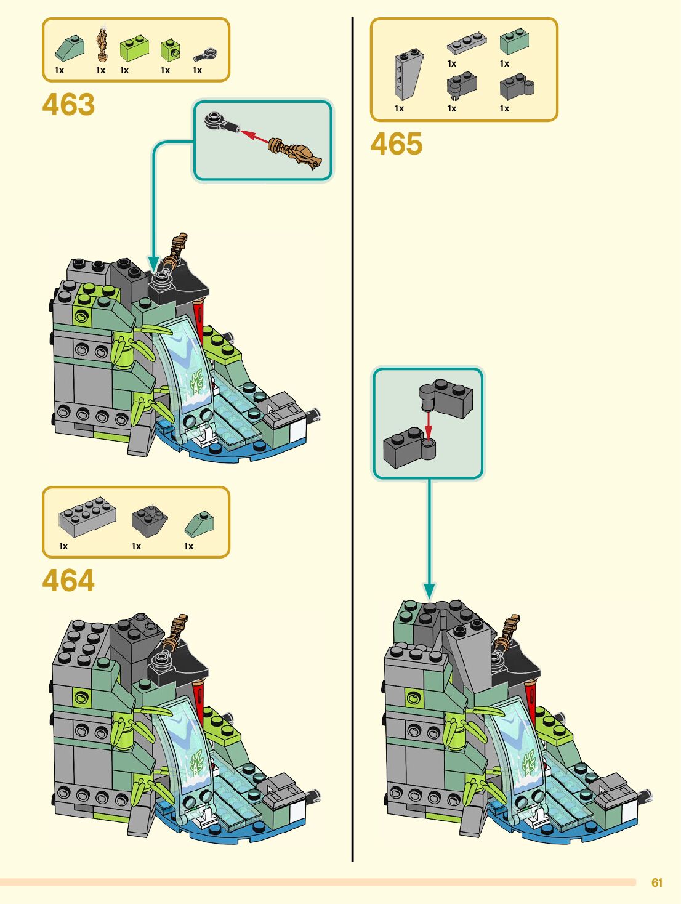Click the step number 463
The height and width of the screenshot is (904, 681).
68,105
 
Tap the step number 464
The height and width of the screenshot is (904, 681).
68,581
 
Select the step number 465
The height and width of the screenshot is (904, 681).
397,144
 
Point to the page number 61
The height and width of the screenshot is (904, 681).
657,882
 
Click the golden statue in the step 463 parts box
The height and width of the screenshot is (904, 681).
102,44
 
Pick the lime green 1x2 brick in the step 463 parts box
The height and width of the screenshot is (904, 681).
134,48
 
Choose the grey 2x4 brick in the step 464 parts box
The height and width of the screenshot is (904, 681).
87,516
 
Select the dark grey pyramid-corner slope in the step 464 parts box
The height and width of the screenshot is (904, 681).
150,521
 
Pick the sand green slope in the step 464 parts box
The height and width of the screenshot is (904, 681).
199,523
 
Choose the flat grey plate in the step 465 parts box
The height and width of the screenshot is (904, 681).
466,43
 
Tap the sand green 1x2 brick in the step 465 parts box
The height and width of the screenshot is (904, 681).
514,41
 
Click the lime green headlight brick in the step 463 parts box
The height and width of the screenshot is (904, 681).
171,50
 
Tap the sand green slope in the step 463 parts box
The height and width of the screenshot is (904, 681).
70,48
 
